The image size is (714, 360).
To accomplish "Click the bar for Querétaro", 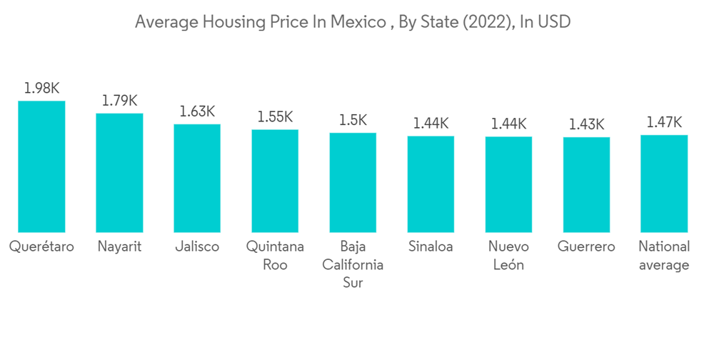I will click(x=41, y=166).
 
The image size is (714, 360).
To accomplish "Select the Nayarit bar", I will click(x=119, y=173).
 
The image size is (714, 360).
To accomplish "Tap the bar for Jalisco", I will click(x=197, y=178).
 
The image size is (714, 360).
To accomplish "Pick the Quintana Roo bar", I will click(x=275, y=181).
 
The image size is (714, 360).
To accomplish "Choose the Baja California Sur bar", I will click(x=353, y=182).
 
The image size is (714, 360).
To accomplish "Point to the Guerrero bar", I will click(x=586, y=184).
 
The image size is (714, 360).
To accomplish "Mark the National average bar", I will click(x=664, y=183).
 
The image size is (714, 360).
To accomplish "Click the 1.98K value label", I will click(x=41, y=89).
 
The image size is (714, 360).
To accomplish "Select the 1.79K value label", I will click(x=119, y=101).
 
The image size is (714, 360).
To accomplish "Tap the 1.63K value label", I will click(x=197, y=111).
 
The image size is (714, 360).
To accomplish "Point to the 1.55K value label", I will click(x=275, y=117).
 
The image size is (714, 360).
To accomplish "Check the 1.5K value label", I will click(x=353, y=121).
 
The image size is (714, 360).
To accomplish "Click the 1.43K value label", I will click(x=586, y=124).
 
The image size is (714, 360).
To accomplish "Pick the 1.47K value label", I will click(x=664, y=122).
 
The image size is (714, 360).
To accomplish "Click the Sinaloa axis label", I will click(x=431, y=247).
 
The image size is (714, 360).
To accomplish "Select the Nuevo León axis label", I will click(x=508, y=256).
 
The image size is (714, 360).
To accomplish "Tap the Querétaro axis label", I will click(x=41, y=247).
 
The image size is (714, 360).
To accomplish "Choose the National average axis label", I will click(x=664, y=256).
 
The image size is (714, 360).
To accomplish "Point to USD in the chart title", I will click(x=554, y=22).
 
